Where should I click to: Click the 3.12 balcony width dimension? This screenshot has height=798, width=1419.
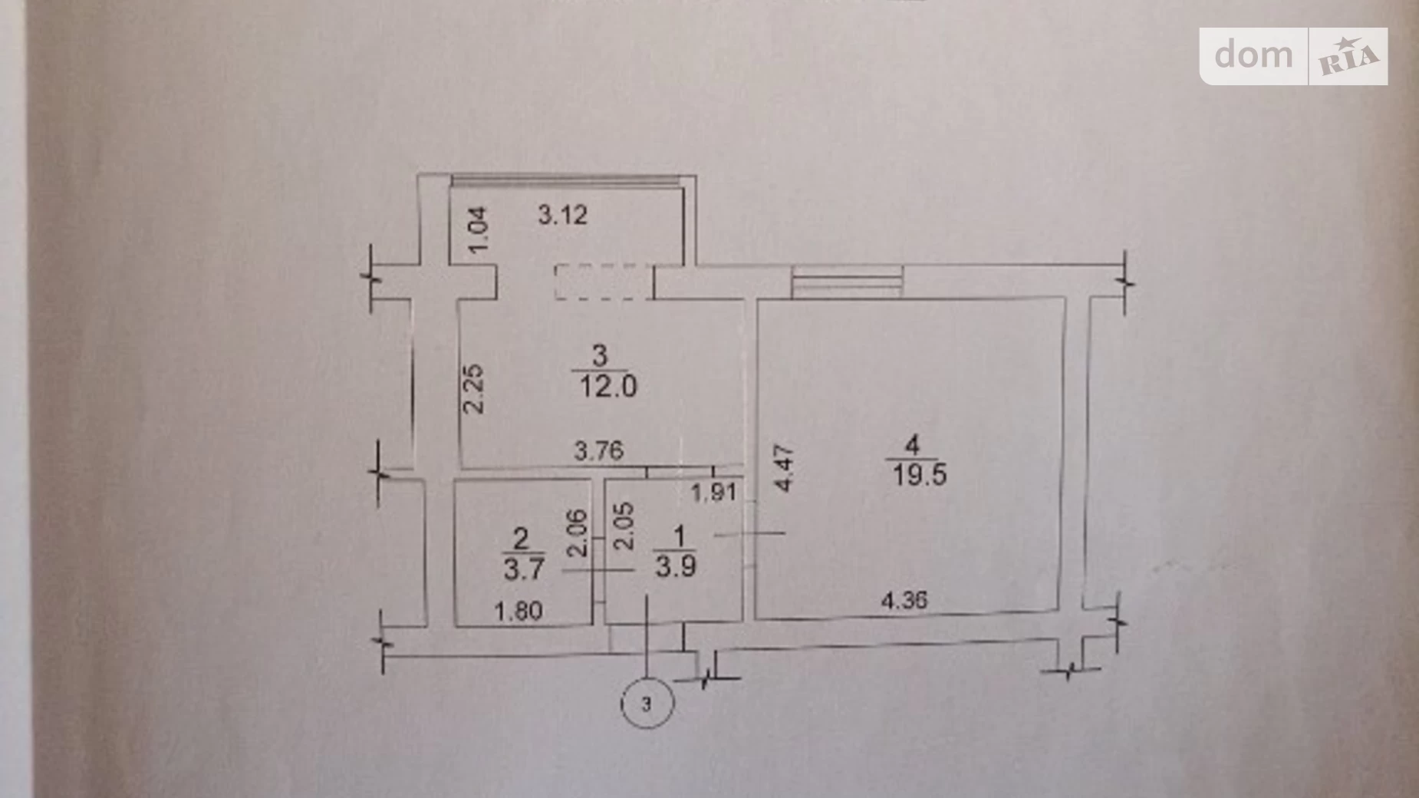click(562, 215)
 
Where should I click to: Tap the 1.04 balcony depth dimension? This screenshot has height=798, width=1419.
click(477, 230)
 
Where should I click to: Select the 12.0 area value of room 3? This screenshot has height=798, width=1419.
click(607, 387)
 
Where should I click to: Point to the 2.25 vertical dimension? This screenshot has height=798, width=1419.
click(474, 389)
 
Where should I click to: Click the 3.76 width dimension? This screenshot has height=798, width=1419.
click(599, 450)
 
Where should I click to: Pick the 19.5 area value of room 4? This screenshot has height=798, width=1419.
click(919, 475)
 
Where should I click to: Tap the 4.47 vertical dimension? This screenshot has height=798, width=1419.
click(783, 468)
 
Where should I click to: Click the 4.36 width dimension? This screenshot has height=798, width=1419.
click(904, 600)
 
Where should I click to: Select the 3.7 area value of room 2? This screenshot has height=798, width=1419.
click(524, 569)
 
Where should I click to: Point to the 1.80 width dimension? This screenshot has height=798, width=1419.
click(519, 612)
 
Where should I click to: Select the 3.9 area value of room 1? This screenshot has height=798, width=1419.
click(675, 566)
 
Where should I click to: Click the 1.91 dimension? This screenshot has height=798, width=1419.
click(714, 492)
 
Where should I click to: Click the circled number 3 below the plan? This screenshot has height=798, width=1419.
click(647, 703)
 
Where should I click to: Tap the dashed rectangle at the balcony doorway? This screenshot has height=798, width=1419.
click(604, 282)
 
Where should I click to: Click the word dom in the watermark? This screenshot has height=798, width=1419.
click(1253, 54)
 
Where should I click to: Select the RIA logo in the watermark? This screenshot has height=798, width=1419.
click(1349, 57)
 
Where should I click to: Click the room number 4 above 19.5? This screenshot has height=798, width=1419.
click(912, 445)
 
